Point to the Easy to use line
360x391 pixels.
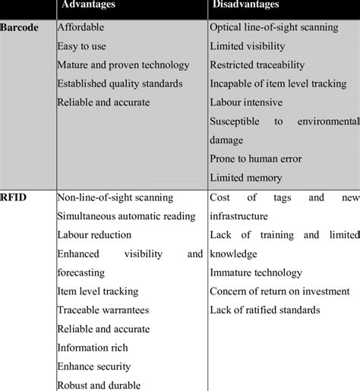[x=83, y=46]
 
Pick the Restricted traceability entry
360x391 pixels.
[x=257, y=65]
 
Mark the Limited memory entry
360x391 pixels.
[x=245, y=178]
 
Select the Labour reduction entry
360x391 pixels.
[x=93, y=235]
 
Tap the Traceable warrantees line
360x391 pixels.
[x=103, y=310]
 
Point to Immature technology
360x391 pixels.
[x=255, y=273]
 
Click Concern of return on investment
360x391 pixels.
[x=279, y=291]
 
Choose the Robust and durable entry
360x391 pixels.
[x=99, y=384]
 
